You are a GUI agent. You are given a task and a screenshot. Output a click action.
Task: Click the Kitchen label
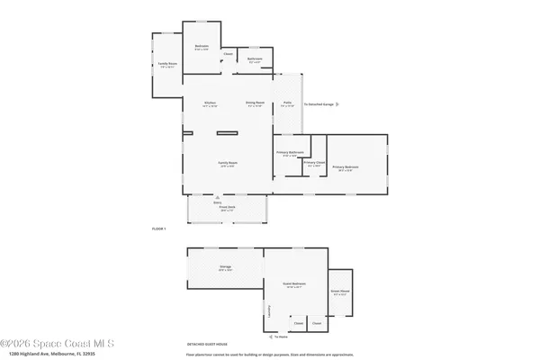(x=210, y=103)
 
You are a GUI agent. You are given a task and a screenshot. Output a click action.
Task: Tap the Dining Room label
(x=256, y=103)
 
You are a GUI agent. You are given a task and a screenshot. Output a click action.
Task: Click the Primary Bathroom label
(x=287, y=153)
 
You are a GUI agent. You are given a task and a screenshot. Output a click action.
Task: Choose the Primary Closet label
(x=313, y=163)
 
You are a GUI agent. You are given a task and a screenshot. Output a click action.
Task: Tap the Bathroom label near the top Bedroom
(x=255, y=59)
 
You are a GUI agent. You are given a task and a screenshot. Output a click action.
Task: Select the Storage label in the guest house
(x=226, y=267)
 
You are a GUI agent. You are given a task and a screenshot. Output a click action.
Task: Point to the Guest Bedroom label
(x=294, y=284)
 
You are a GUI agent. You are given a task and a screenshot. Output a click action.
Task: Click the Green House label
(x=340, y=291)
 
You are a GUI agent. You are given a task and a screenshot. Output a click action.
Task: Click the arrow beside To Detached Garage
(x=301, y=103)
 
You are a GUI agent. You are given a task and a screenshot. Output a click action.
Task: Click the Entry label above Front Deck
(x=217, y=202)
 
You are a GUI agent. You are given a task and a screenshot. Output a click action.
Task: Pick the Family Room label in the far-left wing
(x=166, y=63)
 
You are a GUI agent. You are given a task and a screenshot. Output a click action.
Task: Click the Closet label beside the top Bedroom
(x=229, y=55)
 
